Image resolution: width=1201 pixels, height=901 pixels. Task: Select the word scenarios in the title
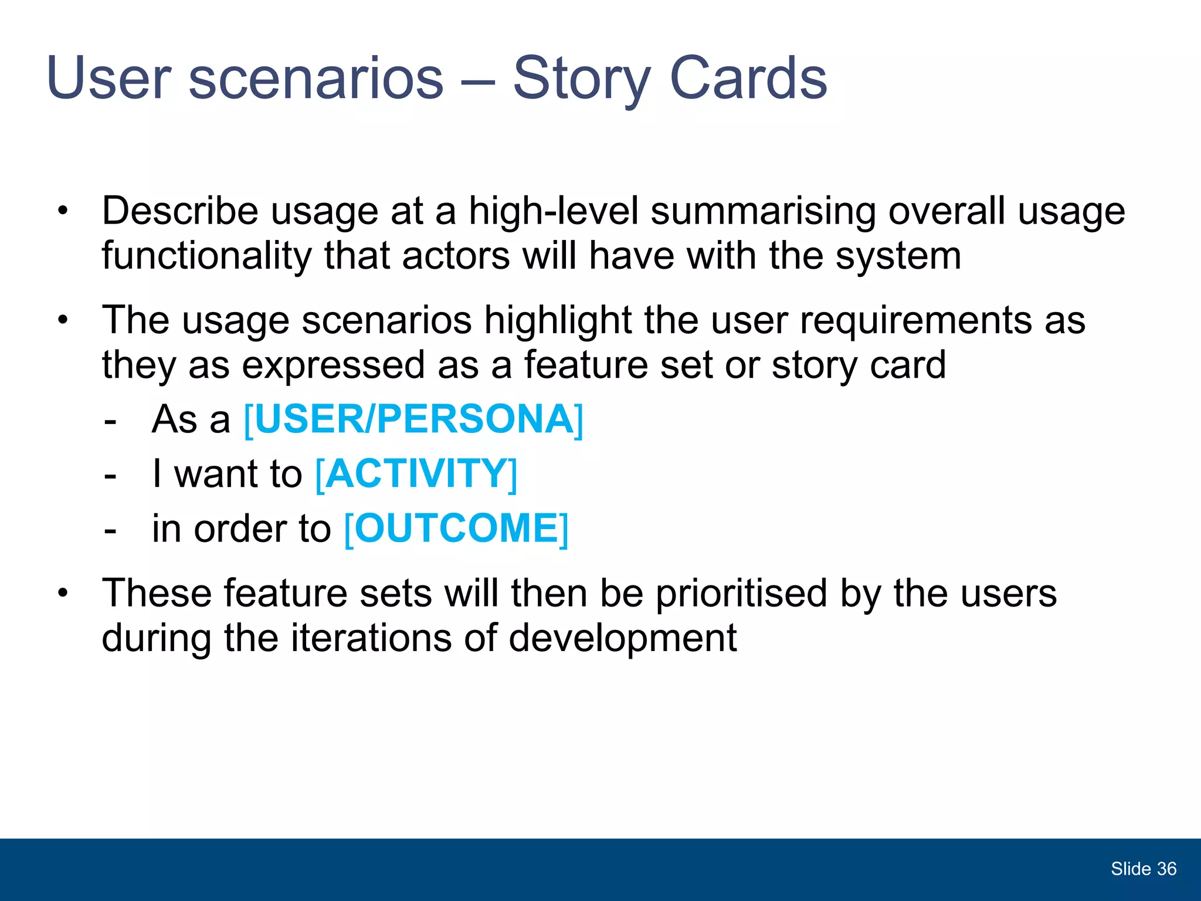[x=315, y=78]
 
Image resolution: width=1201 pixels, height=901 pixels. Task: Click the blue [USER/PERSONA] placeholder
[x=413, y=419]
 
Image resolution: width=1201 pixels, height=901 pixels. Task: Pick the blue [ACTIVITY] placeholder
[x=416, y=474]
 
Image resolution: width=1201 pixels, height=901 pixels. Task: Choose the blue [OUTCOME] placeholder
[x=456, y=529]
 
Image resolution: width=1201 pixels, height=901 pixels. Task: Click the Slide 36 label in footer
[x=1143, y=869]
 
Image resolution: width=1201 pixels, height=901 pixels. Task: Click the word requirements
[x=915, y=321]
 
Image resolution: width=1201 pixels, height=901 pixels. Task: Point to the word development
[x=622, y=638]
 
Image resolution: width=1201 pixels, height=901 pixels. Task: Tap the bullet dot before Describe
[x=63, y=211]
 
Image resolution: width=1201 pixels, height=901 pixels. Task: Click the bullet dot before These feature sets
[x=63, y=593]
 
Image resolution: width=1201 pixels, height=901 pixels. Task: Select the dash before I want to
[x=110, y=475]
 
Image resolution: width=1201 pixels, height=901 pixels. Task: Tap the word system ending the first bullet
[x=898, y=256]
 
